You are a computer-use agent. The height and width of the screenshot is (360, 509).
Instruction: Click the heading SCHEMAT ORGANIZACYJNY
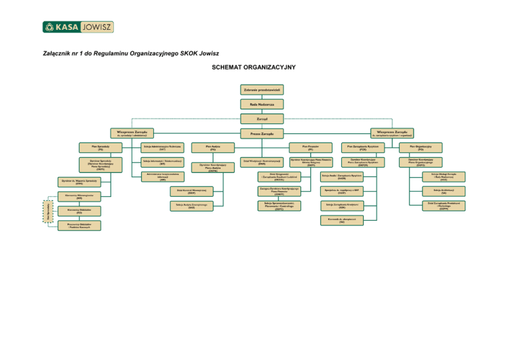click(x=254, y=68)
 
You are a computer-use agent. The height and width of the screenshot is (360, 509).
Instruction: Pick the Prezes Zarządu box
click(x=262, y=134)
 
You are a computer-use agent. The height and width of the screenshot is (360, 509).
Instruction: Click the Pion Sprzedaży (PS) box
click(x=99, y=147)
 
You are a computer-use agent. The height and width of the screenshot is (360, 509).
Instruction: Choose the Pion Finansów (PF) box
click(x=311, y=147)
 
